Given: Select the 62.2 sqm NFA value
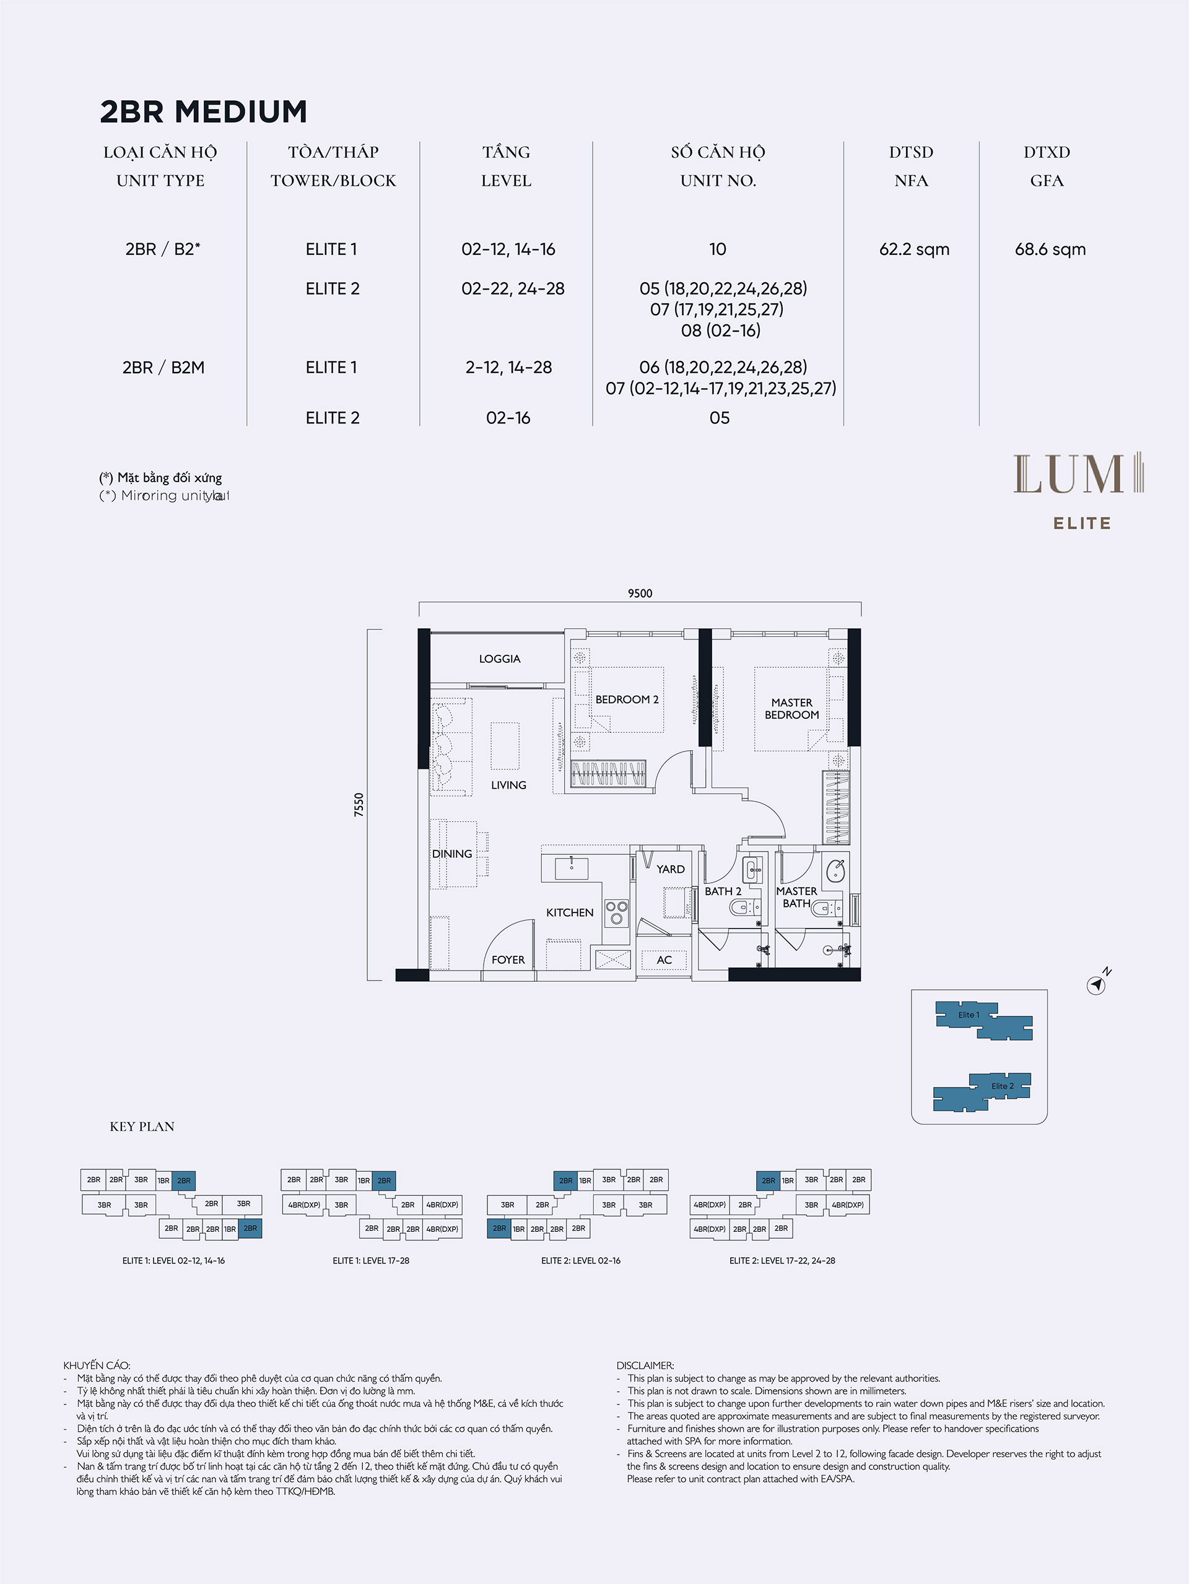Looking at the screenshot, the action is tap(914, 249).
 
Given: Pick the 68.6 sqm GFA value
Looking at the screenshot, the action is tap(1050, 249).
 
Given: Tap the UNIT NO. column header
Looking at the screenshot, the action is tap(718, 181).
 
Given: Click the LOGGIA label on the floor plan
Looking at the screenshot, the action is tap(500, 659).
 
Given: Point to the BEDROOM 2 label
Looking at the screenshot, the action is tap(627, 699).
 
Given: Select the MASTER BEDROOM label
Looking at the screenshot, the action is tap(791, 709).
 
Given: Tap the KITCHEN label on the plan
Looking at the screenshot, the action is tap(570, 912).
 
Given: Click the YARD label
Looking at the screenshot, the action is tap(671, 869).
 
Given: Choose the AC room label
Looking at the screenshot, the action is tap(664, 959).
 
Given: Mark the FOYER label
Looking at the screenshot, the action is tap(508, 959).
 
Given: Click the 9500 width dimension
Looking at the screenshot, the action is tap(640, 593).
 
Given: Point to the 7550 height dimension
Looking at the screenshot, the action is tap(359, 804).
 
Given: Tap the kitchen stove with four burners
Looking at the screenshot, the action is tap(616, 912).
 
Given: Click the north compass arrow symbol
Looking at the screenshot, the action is tap(1096, 985).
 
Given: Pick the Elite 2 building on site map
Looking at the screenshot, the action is tap(982, 1092).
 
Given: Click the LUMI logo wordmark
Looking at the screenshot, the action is tap(1078, 474).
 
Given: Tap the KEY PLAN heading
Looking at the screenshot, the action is tap(142, 1127).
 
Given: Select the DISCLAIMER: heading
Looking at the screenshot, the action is tap(645, 1365).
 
